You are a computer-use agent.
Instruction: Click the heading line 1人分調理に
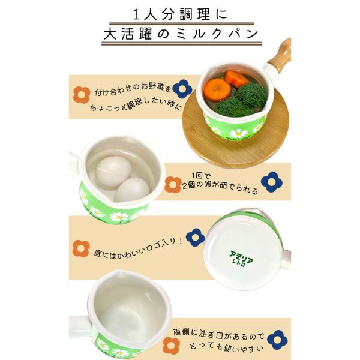coord(181,14)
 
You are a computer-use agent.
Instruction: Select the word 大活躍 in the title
coord(128,34)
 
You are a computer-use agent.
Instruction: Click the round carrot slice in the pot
coord(217,90)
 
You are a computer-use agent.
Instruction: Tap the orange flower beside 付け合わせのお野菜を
coord(82,95)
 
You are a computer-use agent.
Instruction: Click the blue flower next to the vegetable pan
coord(182,89)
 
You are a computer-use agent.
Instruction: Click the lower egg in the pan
coord(132,190)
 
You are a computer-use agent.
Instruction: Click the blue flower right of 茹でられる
coord(272,182)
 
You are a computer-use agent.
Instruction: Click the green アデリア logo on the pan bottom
coord(241,259)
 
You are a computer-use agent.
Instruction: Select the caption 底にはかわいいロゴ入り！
coord(139,248)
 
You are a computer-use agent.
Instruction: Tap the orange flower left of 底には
coord(81,248)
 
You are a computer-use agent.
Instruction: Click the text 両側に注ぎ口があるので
coord(219,335)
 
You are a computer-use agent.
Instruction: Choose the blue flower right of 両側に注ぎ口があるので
coord(277,340)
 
